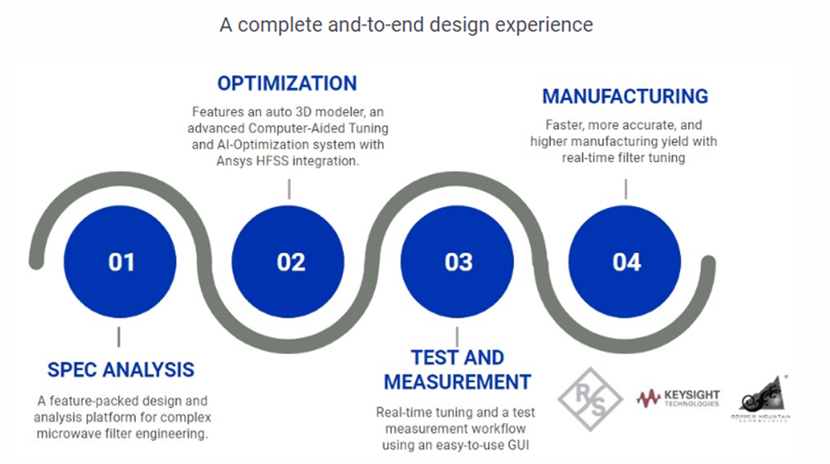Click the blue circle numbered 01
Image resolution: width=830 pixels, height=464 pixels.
[x=121, y=262]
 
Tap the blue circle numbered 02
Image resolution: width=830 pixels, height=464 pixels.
[x=291, y=262]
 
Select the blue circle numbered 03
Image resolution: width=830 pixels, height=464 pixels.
[x=459, y=262]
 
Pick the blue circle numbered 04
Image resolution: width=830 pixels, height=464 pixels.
[x=626, y=262]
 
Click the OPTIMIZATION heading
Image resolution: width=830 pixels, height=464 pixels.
[x=286, y=84]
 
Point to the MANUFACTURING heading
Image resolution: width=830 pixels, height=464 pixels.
[x=625, y=96]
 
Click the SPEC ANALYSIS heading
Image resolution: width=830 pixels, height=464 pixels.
[x=121, y=369]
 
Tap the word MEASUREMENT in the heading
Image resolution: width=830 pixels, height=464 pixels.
[x=457, y=382]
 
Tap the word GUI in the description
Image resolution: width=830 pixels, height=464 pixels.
[x=522, y=444]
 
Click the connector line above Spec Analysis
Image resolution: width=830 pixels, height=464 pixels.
[x=119, y=337]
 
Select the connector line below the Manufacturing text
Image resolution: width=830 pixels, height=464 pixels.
[x=625, y=188]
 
